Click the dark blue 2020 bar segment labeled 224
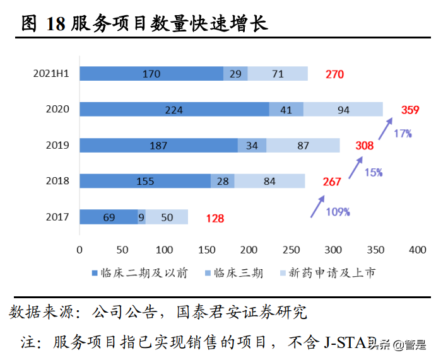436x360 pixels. click(174, 110)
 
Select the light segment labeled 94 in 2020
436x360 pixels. click(343, 110)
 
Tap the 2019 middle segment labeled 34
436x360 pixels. click(252, 146)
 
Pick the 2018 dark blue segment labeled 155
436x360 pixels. click(144, 182)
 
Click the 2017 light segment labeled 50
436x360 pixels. click(167, 218)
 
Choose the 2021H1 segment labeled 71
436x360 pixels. click(278, 74)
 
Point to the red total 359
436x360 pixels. click(410, 110)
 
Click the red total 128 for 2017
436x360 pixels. click(215, 219)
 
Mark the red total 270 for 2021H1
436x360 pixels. click(334, 74)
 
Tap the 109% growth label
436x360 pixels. click(338, 211)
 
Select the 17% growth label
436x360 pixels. click(403, 133)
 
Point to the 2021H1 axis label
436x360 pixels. click(51, 74)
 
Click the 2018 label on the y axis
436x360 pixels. click(57, 182)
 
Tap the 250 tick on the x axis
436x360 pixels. click(291, 250)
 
